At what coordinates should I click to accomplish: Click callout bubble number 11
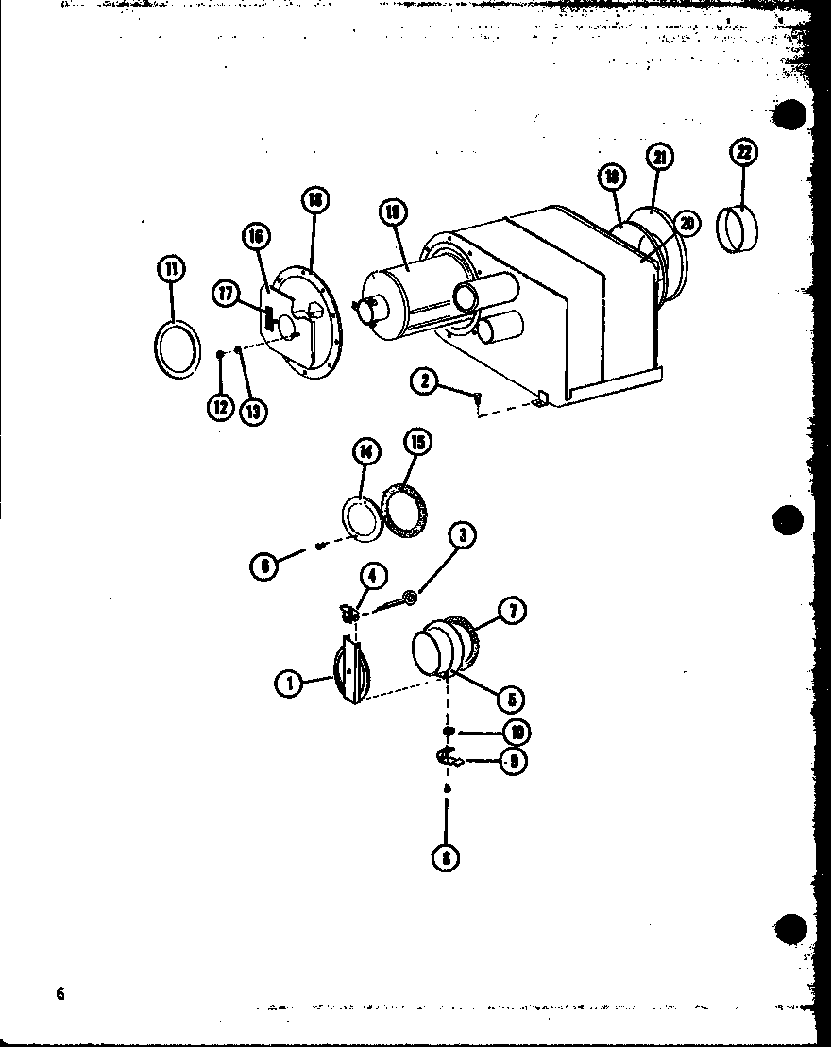click(x=171, y=269)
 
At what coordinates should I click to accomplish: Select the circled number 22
click(x=745, y=153)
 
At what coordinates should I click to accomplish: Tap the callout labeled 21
click(x=660, y=157)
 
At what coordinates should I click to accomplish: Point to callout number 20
click(x=687, y=223)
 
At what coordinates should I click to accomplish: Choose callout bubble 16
click(x=255, y=236)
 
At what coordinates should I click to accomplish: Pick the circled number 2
click(x=424, y=381)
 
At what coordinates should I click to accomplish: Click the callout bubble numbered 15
click(x=416, y=441)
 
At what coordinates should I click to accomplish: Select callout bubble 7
click(x=513, y=611)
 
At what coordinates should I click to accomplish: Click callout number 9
click(x=513, y=761)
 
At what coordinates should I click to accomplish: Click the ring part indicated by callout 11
click(x=177, y=348)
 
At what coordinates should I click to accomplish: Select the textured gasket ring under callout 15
click(x=405, y=512)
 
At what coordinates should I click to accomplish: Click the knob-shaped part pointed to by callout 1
click(x=349, y=668)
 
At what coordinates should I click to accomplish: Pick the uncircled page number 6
click(x=60, y=993)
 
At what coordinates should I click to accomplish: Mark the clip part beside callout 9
click(x=448, y=757)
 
